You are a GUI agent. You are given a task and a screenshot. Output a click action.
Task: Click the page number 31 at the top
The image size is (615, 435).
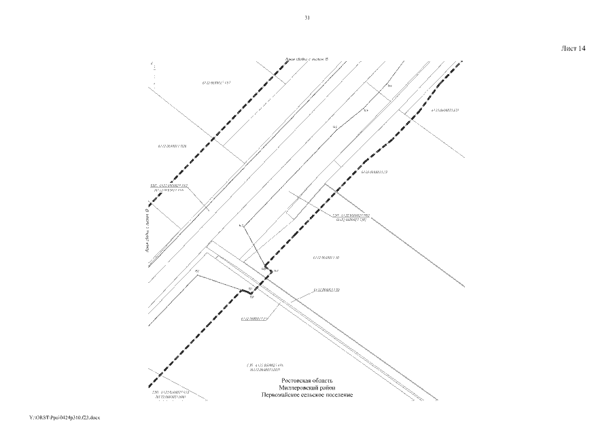coord(307,18)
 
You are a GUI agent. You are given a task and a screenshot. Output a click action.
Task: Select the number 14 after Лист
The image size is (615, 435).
coord(582,49)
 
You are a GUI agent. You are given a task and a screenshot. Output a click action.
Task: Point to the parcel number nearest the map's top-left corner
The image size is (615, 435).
coord(215,83)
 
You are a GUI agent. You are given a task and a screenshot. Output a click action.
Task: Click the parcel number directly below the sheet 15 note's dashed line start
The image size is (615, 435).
coord(215,83)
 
